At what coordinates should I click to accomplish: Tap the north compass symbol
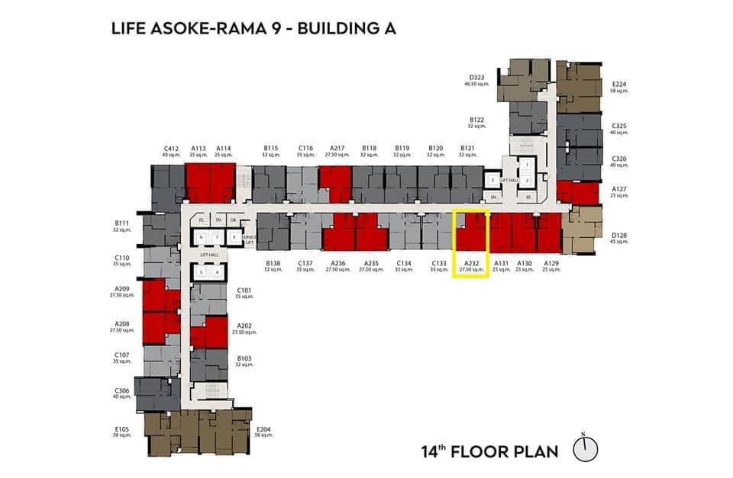(x=585, y=449)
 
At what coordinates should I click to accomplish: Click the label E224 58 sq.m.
(x=619, y=88)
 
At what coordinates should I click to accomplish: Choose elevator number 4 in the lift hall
(x=217, y=272)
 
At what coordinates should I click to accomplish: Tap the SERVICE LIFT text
(x=248, y=239)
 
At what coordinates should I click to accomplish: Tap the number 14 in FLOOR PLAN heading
(x=431, y=451)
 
